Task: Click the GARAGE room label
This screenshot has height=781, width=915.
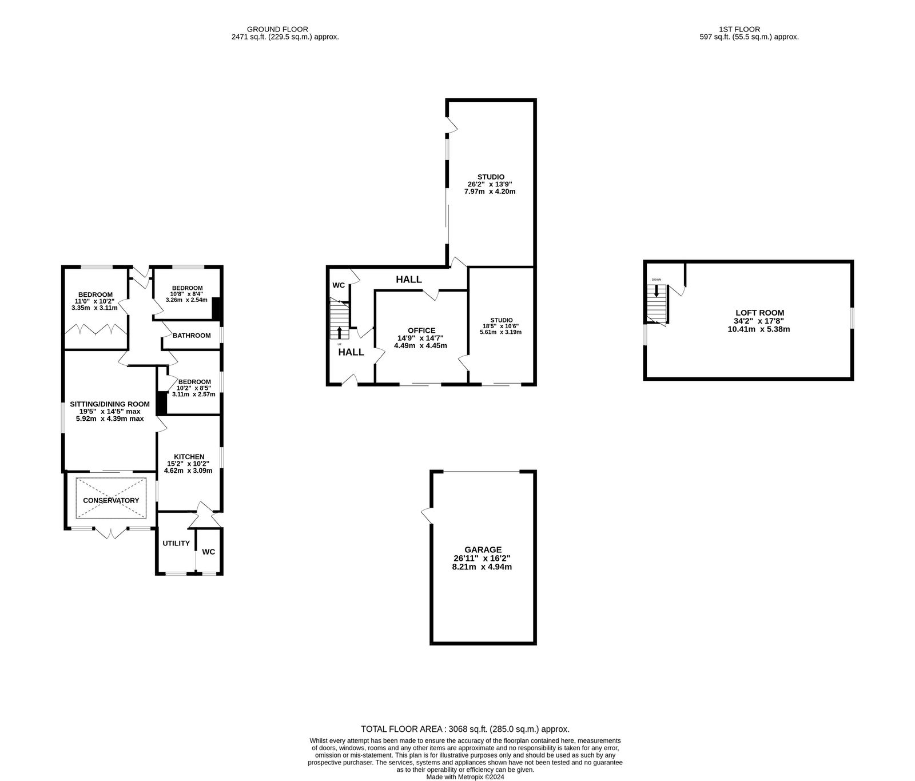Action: coord(483,549)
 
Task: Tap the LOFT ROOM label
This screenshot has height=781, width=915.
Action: coord(759,313)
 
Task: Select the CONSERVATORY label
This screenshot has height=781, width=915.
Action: coord(111,500)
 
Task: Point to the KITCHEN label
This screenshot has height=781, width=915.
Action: coord(189,456)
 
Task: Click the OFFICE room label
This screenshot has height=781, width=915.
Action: coord(421,330)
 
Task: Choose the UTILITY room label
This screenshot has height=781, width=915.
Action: coord(176,543)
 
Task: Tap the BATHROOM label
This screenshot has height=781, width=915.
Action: coord(192,336)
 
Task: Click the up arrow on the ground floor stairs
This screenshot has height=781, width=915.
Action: coord(340,332)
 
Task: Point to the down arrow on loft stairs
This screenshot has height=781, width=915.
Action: coord(657,290)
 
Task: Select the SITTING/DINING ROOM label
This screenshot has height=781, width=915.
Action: coord(110,404)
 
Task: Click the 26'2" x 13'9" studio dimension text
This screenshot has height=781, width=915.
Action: coord(490,184)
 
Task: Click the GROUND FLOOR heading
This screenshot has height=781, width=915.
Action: coord(277,29)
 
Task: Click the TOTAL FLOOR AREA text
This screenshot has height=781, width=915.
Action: coord(465,729)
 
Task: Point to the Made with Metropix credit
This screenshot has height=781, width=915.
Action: coord(465,777)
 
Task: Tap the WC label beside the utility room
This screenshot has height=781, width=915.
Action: coord(209,552)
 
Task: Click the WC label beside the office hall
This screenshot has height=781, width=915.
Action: coord(339,285)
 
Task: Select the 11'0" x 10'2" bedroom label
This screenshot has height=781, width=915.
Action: coord(94,301)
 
